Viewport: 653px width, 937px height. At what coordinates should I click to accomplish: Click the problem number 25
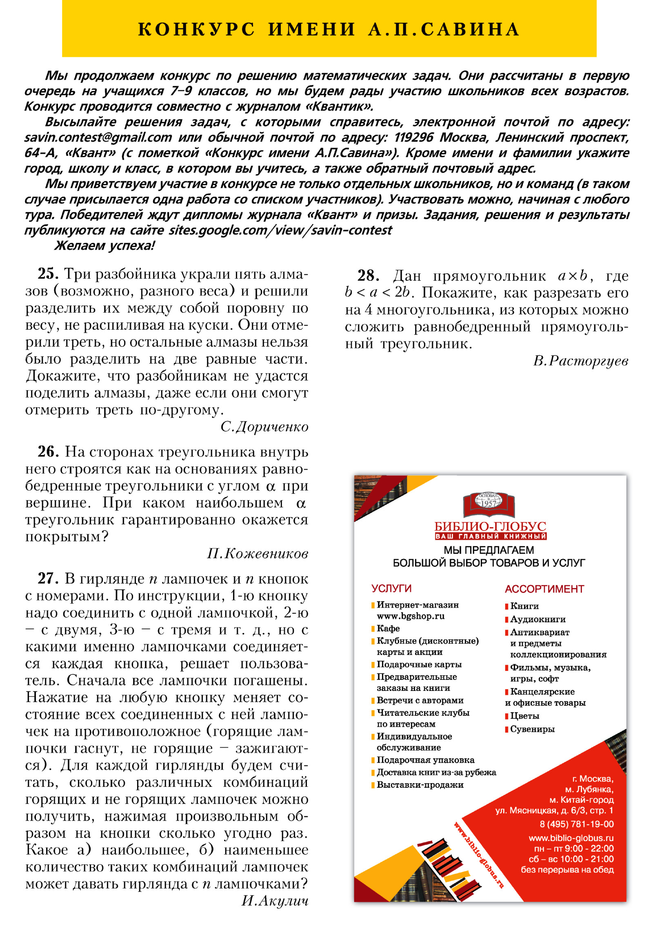pyautogui.click(x=48, y=274)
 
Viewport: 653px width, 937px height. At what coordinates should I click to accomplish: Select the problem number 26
pyautogui.click(x=48, y=452)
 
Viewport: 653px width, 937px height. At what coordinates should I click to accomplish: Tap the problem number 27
pyautogui.click(x=48, y=579)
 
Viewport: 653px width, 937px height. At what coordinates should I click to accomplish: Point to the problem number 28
pyautogui.click(x=368, y=276)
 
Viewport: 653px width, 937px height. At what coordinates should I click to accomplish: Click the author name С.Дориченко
pyautogui.click(x=264, y=427)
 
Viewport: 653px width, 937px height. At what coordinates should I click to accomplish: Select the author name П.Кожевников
pyautogui.click(x=257, y=554)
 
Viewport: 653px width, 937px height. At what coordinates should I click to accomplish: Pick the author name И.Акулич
pyautogui.click(x=274, y=900)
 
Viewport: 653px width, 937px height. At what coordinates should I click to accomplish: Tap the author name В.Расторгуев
pyautogui.click(x=580, y=361)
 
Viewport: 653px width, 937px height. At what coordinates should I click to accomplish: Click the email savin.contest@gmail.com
pyautogui.click(x=98, y=138)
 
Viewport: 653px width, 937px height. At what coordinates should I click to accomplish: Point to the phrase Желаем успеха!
pyautogui.click(x=104, y=246)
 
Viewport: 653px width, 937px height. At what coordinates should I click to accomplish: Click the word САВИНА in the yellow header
pyautogui.click(x=469, y=29)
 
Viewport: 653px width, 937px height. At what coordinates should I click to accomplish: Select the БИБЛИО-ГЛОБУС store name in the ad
pyautogui.click(x=490, y=526)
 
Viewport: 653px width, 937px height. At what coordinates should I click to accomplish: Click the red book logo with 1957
pyautogui.click(x=489, y=504)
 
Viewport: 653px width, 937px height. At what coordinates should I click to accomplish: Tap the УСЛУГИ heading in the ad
pyautogui.click(x=391, y=588)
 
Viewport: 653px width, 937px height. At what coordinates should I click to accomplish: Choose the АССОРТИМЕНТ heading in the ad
pyautogui.click(x=544, y=589)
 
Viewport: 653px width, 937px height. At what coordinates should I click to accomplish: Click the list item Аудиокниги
pyautogui.click(x=538, y=619)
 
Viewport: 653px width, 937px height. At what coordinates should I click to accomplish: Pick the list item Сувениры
pyautogui.click(x=532, y=729)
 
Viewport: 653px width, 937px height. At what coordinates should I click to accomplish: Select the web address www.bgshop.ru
pyautogui.click(x=410, y=616)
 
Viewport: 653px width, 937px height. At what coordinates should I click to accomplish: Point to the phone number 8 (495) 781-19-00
pyautogui.click(x=576, y=824)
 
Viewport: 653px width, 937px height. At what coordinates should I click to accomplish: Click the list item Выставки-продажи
pyautogui.click(x=420, y=785)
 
